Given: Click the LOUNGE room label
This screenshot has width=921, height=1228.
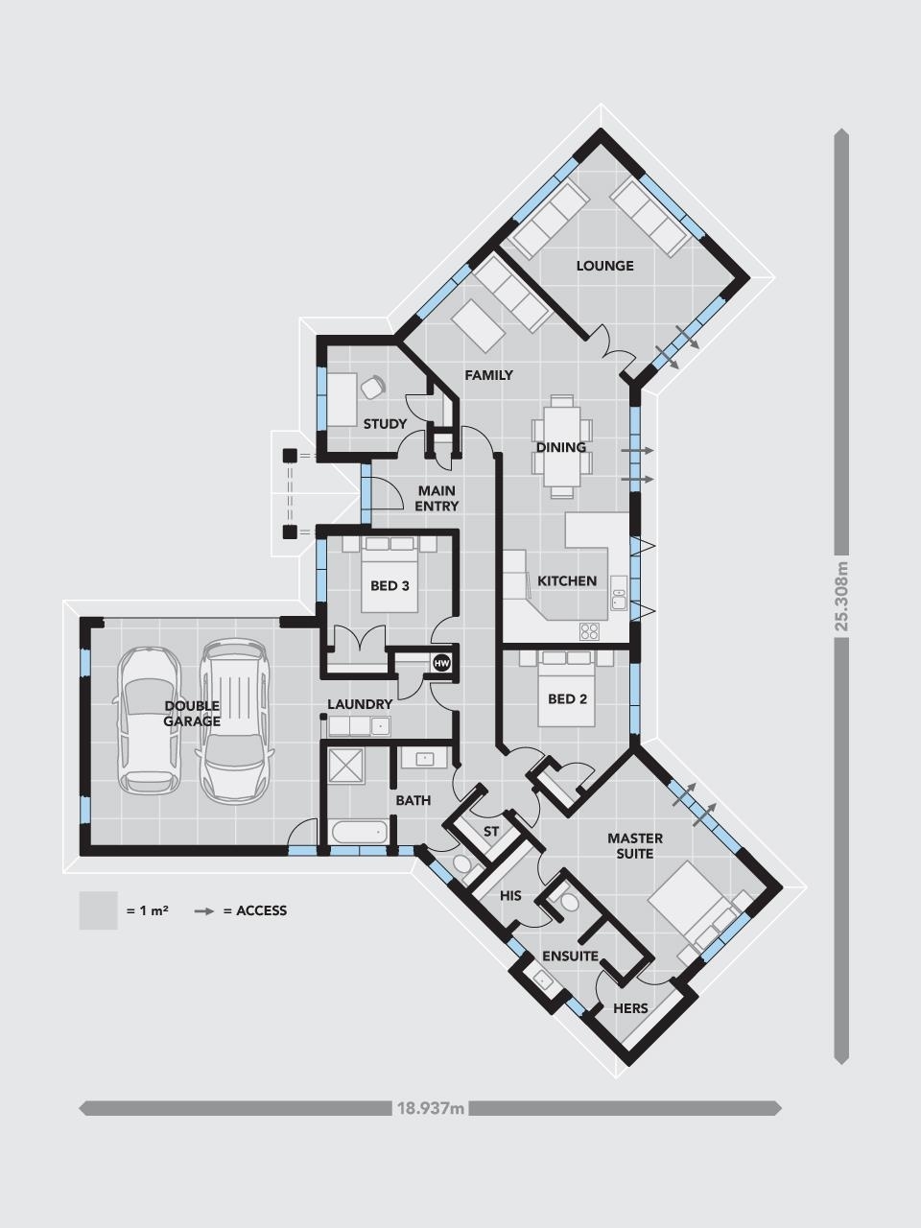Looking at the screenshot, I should [x=604, y=266].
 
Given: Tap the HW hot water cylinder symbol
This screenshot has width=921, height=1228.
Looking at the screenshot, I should [x=441, y=663].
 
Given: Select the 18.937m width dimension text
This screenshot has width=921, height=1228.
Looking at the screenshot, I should [x=431, y=1109].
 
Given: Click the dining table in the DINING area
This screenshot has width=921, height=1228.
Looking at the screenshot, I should [x=561, y=446].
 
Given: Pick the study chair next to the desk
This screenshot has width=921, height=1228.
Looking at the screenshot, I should [x=371, y=387].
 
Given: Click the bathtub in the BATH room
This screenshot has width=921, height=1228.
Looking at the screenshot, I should [x=357, y=832].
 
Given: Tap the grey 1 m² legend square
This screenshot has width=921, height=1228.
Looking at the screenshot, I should [x=98, y=910].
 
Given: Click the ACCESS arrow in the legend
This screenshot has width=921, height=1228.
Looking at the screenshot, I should [x=203, y=910].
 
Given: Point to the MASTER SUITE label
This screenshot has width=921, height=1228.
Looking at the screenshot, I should [x=634, y=846].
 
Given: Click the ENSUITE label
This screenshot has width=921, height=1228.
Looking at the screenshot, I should [x=570, y=956].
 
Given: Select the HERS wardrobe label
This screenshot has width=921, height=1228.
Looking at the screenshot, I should [x=630, y=1008].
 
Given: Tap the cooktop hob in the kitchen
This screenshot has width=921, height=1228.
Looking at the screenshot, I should [x=589, y=631].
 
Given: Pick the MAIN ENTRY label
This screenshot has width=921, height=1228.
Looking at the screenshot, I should [x=437, y=498].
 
